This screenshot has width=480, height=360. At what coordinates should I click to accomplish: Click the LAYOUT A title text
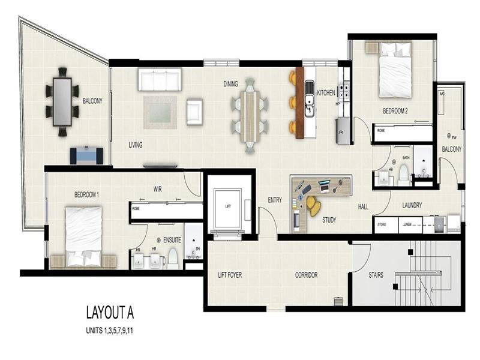coord(110,313)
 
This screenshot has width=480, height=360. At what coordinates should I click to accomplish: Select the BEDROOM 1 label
coord(86,195)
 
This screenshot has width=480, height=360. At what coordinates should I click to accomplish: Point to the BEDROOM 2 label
coord(395,111)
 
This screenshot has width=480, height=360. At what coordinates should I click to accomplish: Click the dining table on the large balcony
coord(62,101)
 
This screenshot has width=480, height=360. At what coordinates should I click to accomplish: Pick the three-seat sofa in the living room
coord(159,80)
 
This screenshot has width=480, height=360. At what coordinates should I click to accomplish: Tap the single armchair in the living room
coord(195,112)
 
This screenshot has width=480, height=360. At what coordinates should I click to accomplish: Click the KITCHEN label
coord(326,93)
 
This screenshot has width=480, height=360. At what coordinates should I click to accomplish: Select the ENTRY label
coord(275,200)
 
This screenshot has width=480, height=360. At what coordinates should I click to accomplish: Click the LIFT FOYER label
coord(230,275)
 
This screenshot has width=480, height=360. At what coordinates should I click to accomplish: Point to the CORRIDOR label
coord(306,275)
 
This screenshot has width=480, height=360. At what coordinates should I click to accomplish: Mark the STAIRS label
coord(376,275)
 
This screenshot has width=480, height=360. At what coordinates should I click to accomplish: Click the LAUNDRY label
coord(412,205)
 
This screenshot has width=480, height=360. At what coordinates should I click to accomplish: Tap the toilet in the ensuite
coord(173,258)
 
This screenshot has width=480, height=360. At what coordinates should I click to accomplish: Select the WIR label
coord(158,189)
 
